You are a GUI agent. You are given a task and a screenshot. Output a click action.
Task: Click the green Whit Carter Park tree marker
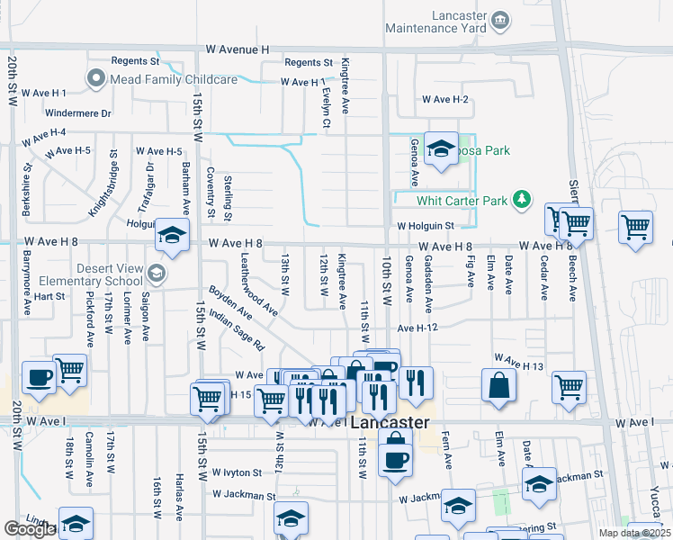tap(521, 199)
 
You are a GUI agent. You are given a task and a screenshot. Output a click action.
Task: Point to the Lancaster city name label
tap(390, 422)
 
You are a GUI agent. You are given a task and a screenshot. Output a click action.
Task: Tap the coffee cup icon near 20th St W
tap(38, 378)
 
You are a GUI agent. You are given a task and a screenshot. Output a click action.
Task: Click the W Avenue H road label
tap(238, 49)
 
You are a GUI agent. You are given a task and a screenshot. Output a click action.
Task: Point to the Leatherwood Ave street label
tap(258, 283)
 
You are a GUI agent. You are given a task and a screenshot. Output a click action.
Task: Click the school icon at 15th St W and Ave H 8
tap(172, 237)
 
